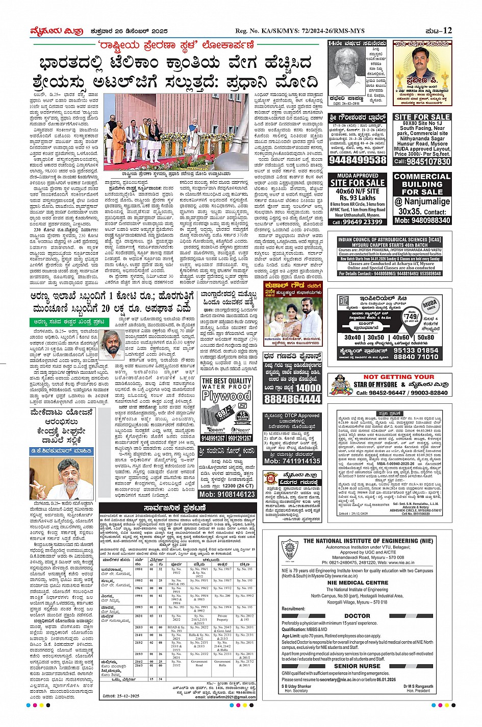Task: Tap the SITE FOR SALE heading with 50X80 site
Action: tap(422, 117)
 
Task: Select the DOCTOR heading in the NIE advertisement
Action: tap(357, 616)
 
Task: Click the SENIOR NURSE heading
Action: tap(357, 666)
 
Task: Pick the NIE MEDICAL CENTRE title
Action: tap(358, 583)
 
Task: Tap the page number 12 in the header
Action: tap(447, 31)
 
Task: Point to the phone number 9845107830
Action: tap(422, 161)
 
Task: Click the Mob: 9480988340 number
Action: tap(422, 220)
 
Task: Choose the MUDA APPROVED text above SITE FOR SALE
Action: tap(358, 176)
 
